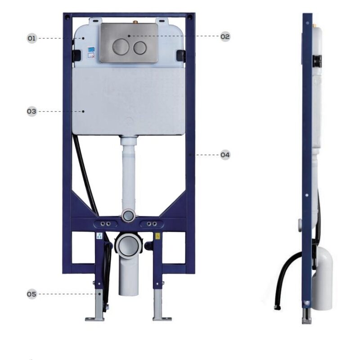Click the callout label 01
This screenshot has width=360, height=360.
pos(32,38)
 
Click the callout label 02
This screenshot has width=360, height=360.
pos(225,36)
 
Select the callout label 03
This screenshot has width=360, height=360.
pos(31,111)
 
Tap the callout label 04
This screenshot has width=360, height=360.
pos(225,155)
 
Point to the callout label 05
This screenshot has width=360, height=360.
pos(31,294)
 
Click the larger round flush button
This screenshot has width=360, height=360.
pos(120,47)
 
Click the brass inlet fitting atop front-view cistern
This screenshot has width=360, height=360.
pos(135,22)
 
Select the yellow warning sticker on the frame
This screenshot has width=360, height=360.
pos(158,236)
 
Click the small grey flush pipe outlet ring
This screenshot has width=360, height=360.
pos(128,216)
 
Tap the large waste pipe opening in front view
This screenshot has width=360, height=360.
pos(128,246)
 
